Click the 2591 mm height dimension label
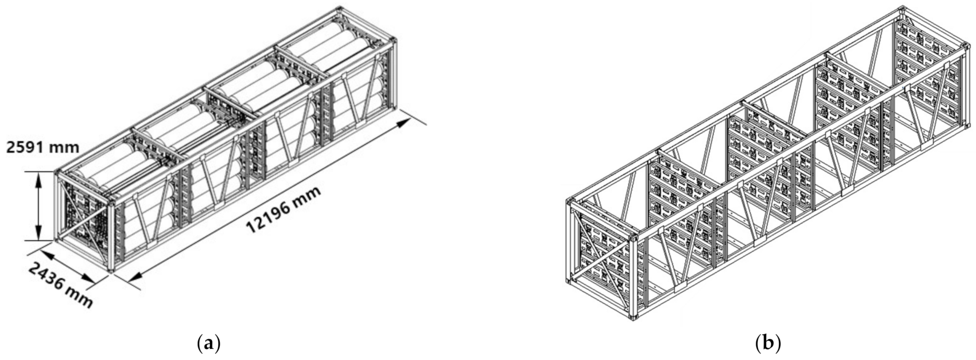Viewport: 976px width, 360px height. click(43, 148)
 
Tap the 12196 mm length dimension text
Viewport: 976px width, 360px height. click(283, 209)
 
